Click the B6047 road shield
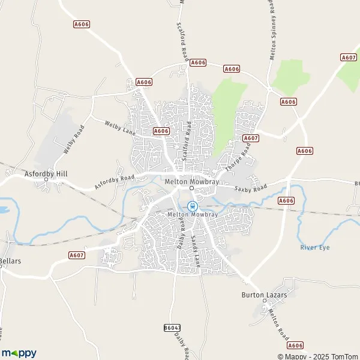click(x=171, y=328)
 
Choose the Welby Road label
click(x=74, y=139)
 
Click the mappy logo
click(x=19, y=353)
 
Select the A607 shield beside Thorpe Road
click(x=251, y=138)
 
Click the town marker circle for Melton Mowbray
click(x=191, y=188)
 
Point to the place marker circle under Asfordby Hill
click(x=46, y=179)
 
